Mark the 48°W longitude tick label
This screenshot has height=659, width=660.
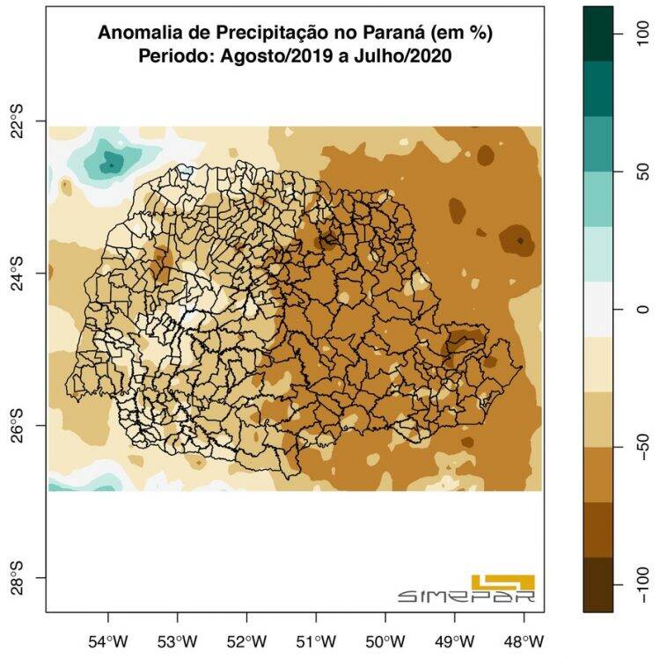[x=524, y=640]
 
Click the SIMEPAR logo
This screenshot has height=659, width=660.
[x=467, y=589]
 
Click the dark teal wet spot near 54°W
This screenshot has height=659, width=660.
[x=112, y=162]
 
